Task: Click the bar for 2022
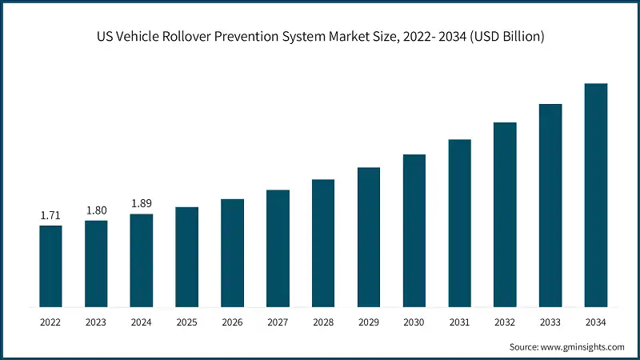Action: pyautogui.click(x=50, y=266)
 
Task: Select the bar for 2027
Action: pyautogui.click(x=278, y=249)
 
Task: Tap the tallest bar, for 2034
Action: pyautogui.click(x=596, y=195)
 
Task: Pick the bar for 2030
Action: pyautogui.click(x=414, y=230)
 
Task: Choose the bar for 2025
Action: pyautogui.click(x=186, y=257)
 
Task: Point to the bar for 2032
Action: pyautogui.click(x=505, y=214)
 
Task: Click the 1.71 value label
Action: pyautogui.click(x=50, y=216)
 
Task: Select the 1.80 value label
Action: pyautogui.click(x=96, y=211)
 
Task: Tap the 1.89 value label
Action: pyautogui.click(x=142, y=204)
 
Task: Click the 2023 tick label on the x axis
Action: pyautogui.click(x=96, y=322)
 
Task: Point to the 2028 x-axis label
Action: pyautogui.click(x=323, y=322)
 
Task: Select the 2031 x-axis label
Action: pyautogui.click(x=459, y=322)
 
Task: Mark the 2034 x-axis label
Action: pyautogui.click(x=596, y=322)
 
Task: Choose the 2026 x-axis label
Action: pyautogui.click(x=232, y=322)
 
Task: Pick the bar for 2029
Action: pyautogui.click(x=369, y=237)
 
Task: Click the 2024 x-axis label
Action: pyautogui.click(x=142, y=322)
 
